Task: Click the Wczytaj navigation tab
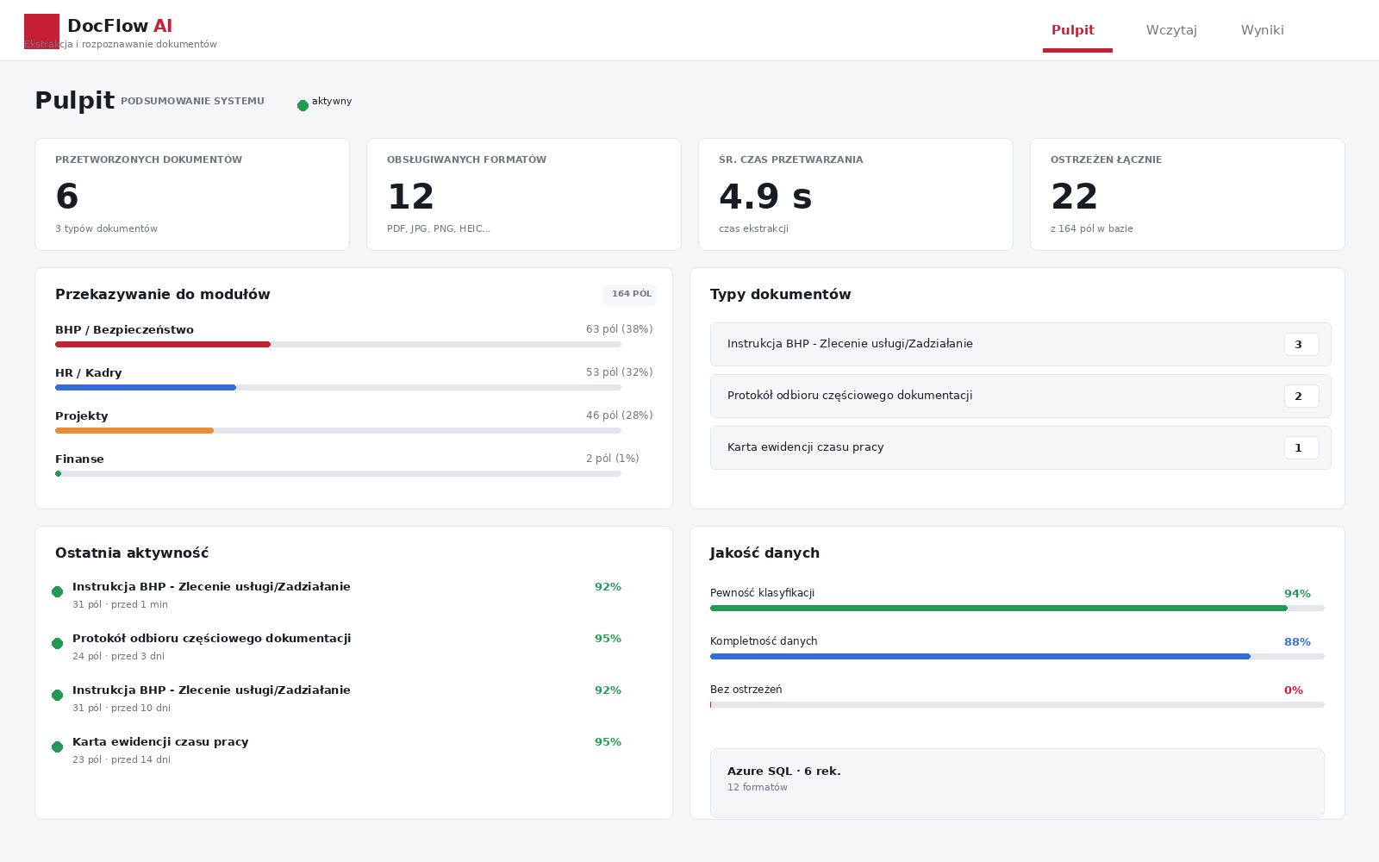click(1171, 30)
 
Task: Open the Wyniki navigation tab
click(1262, 30)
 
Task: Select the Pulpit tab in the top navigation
click(1072, 30)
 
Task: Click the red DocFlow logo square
click(42, 31)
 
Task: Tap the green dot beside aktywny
click(303, 106)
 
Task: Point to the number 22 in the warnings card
click(1074, 197)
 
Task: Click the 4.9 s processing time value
click(765, 197)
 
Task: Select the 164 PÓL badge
click(630, 294)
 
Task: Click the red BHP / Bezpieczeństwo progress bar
click(163, 344)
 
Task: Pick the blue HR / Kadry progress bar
click(146, 387)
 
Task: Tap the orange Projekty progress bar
click(134, 430)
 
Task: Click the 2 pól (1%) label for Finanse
click(613, 459)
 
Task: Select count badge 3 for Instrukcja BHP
click(1301, 345)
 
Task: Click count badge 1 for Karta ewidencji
click(1301, 448)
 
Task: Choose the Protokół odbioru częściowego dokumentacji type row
click(1020, 396)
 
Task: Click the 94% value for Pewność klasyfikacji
click(1297, 594)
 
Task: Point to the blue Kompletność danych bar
click(980, 656)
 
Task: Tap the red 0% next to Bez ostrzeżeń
click(1294, 690)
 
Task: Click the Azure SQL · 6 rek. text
click(783, 771)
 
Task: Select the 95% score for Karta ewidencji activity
click(608, 742)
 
